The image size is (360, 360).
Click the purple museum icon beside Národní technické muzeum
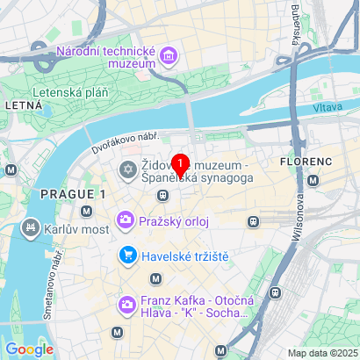coord(169,59)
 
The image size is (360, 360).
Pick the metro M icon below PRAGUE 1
coord(86,211)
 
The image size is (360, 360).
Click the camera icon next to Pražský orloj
coord(126,220)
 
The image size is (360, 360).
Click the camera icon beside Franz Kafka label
coord(126,306)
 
